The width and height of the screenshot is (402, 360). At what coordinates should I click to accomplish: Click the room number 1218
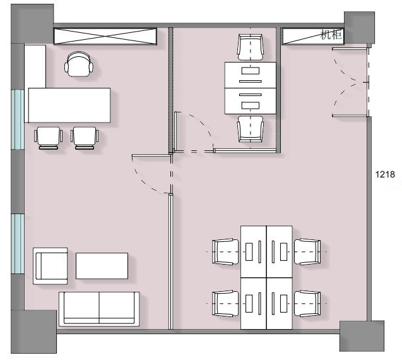pyautogui.click(x=385, y=174)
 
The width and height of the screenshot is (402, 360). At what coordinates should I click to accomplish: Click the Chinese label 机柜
pyautogui.click(x=331, y=35)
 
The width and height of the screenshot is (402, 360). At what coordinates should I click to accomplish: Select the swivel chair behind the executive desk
pyautogui.click(x=79, y=64)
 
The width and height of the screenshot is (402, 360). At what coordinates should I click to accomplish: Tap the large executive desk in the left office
pyautogui.click(x=69, y=105)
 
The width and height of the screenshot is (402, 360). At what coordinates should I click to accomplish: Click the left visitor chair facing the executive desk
pyautogui.click(x=48, y=138)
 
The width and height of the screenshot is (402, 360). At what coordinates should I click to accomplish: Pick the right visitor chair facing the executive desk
pyautogui.click(x=85, y=138)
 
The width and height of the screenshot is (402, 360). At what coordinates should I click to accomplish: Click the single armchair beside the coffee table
pyautogui.click(x=50, y=266)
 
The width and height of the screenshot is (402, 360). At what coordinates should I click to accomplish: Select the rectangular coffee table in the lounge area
pyautogui.click(x=102, y=266)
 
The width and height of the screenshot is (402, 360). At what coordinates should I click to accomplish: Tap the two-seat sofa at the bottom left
pyautogui.click(x=99, y=309)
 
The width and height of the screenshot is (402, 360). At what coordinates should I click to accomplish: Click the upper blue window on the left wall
pyautogui.click(x=18, y=119)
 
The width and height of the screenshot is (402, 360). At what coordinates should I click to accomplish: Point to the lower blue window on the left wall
pyautogui.click(x=18, y=244)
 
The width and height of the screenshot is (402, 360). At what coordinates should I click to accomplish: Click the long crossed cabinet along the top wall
pyautogui.click(x=105, y=36)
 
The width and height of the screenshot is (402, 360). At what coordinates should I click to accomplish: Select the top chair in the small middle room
pyautogui.click(x=250, y=48)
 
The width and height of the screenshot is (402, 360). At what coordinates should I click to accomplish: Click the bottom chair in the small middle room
pyautogui.click(x=250, y=129)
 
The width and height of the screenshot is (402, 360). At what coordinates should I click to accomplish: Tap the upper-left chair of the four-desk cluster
pyautogui.click(x=225, y=252)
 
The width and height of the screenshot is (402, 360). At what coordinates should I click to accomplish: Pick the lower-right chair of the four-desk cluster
pyautogui.click(x=307, y=304)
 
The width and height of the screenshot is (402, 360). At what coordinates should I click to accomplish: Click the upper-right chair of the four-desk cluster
pyautogui.click(x=307, y=252)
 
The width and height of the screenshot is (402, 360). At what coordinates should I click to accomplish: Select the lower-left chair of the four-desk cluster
pyautogui.click(x=225, y=304)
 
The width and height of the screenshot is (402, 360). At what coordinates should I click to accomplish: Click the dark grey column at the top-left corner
pyautogui.click(x=32, y=23)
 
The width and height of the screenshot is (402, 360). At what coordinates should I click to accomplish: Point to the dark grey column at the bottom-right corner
pyautogui.click(x=362, y=336)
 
